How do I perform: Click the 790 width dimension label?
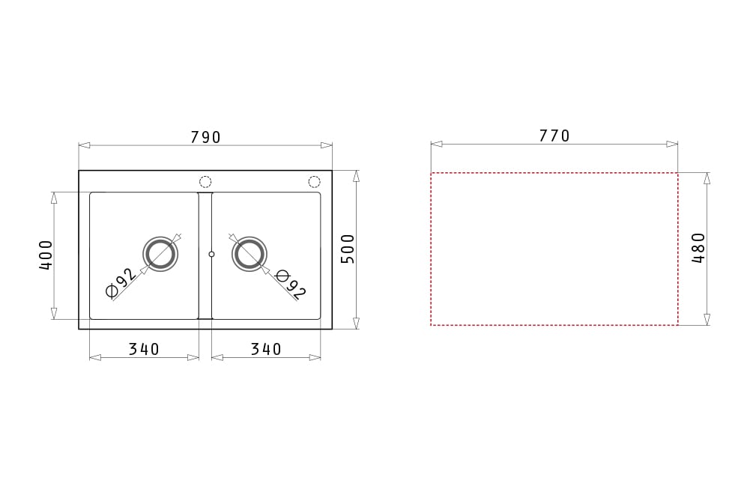[205, 137]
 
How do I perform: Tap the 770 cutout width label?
[554, 136]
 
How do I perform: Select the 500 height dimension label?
[348, 249]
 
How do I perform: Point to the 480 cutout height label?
[698, 248]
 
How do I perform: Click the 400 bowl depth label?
[46, 255]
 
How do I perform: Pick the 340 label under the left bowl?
[144, 349]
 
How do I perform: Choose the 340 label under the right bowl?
[266, 349]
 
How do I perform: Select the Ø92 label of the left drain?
[121, 283]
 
